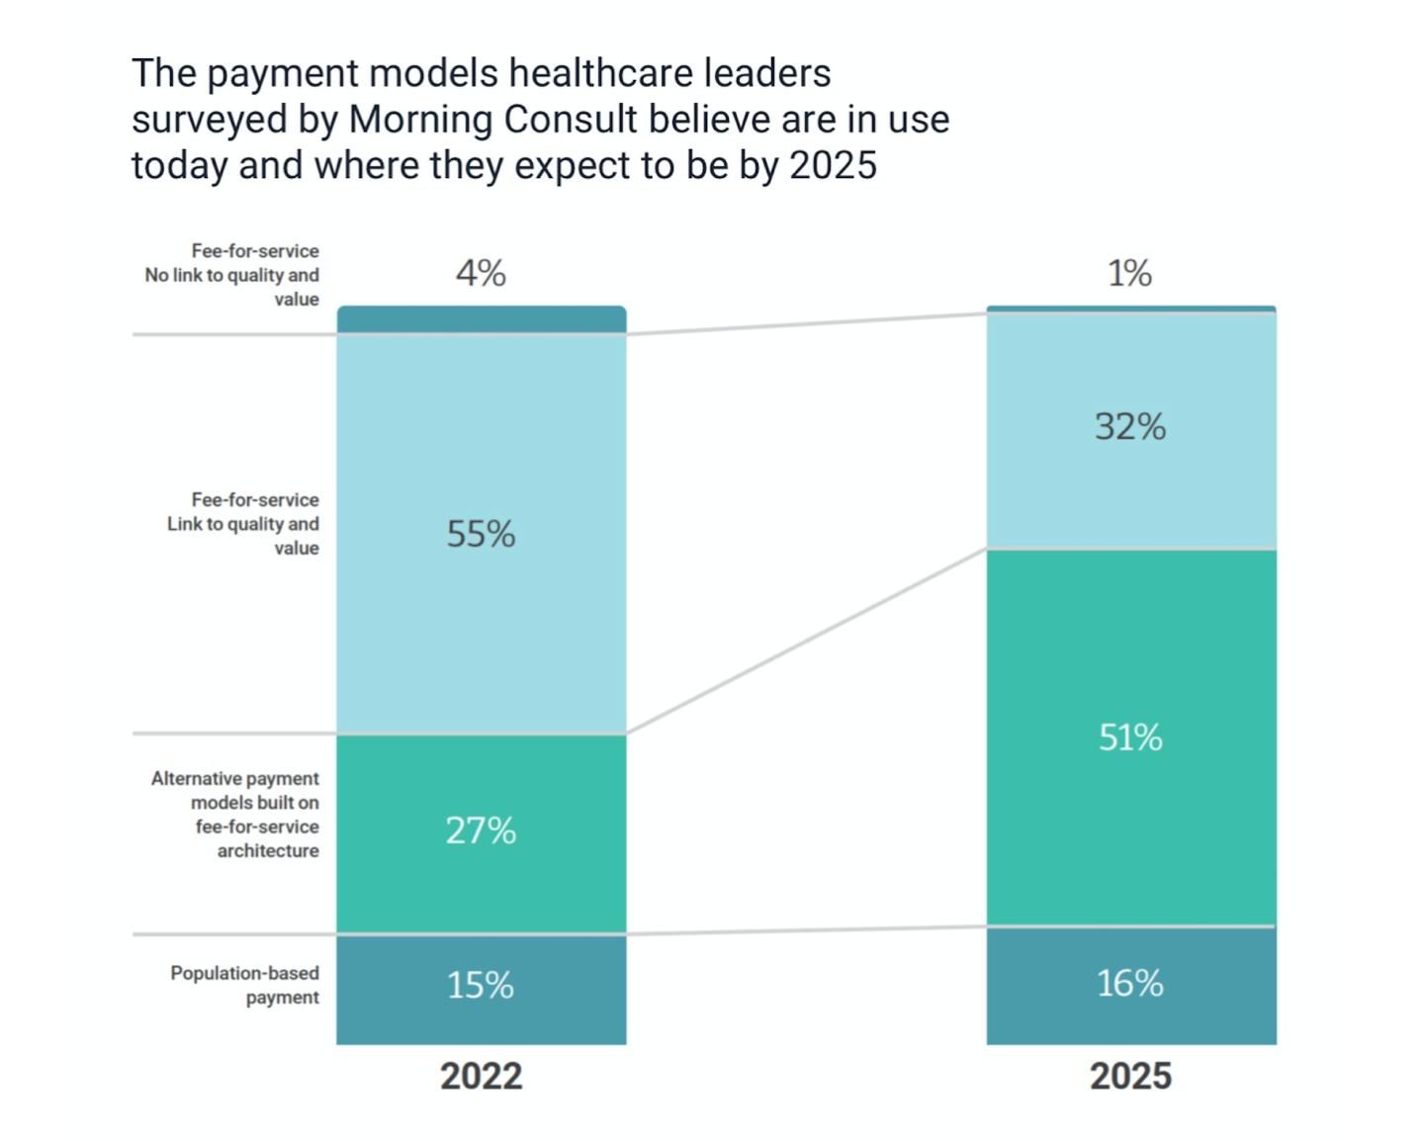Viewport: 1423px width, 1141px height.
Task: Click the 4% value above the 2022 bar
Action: point(481,273)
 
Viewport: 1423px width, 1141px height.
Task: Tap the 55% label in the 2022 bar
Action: point(481,534)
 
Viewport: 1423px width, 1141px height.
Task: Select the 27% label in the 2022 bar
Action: point(481,831)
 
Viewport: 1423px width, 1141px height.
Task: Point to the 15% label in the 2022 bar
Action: point(481,985)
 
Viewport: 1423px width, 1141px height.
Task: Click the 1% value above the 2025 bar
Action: point(1129,273)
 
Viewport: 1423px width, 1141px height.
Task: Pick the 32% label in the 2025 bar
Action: point(1130,427)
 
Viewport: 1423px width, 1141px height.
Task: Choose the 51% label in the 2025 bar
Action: point(1130,738)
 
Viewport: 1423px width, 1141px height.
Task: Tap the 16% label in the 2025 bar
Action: point(1130,984)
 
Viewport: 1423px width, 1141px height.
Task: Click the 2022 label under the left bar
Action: point(481,1076)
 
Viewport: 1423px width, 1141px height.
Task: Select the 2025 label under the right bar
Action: point(1130,1076)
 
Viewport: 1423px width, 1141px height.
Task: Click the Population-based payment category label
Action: point(244,985)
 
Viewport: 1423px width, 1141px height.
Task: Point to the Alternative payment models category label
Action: point(235,815)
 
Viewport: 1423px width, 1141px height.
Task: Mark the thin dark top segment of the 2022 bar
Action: point(481,319)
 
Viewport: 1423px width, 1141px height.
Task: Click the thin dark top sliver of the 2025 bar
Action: point(1130,309)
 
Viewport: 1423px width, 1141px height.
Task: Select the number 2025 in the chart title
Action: point(833,165)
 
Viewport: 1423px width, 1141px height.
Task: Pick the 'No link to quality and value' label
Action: point(232,287)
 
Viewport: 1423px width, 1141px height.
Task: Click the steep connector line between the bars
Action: point(806,641)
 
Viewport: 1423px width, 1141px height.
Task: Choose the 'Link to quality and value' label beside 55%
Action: point(243,535)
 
